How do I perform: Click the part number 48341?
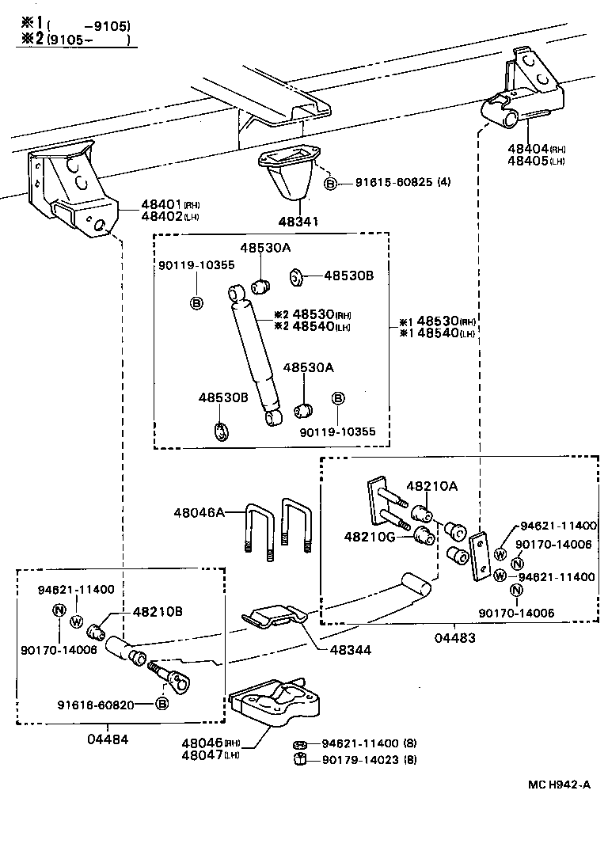tap(297, 222)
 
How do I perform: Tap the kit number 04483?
tap(457, 637)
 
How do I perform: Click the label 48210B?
tap(158, 611)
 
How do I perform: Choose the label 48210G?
tap(368, 537)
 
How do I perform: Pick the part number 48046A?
tap(199, 513)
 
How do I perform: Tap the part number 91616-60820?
tap(101, 704)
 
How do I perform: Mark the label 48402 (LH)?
tap(163, 216)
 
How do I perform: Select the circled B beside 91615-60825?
tap(332, 184)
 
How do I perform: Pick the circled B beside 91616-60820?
tap(161, 704)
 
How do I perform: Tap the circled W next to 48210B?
tap(77, 621)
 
